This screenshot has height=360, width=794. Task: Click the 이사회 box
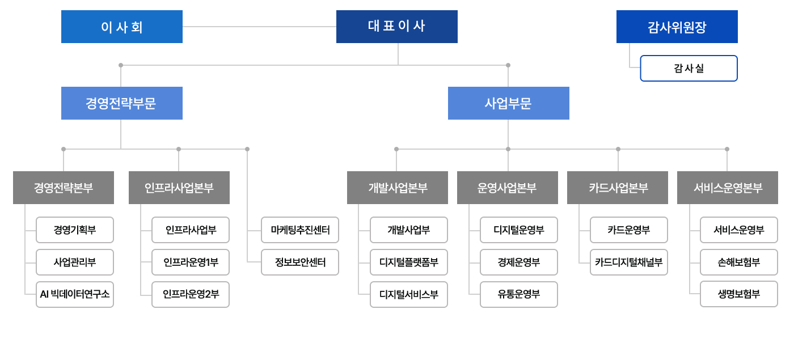[121, 27]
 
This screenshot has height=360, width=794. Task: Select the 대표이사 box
[396, 27]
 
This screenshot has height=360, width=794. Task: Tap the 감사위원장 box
[677, 27]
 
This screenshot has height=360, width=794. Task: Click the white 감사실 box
[689, 69]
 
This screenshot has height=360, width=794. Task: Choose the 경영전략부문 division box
[121, 103]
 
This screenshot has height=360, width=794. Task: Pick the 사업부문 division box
[508, 103]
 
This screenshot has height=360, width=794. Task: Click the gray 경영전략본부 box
[64, 188]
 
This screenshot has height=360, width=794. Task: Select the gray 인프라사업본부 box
[179, 188]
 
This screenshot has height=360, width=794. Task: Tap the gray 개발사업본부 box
[397, 188]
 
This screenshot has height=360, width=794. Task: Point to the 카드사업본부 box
[617, 188]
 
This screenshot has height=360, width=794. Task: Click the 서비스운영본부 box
[727, 188]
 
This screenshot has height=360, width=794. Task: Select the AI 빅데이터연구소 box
[75, 294]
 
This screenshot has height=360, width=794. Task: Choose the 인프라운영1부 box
[191, 262]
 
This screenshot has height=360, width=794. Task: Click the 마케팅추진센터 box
[300, 230]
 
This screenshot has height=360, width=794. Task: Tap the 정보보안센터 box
[300, 262]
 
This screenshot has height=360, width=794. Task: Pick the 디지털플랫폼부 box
[409, 262]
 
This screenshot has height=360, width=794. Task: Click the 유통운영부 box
[519, 294]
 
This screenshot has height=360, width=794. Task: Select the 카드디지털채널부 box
[629, 262]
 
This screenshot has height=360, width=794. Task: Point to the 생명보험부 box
[739, 294]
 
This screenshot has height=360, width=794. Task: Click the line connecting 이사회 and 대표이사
[259, 27]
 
